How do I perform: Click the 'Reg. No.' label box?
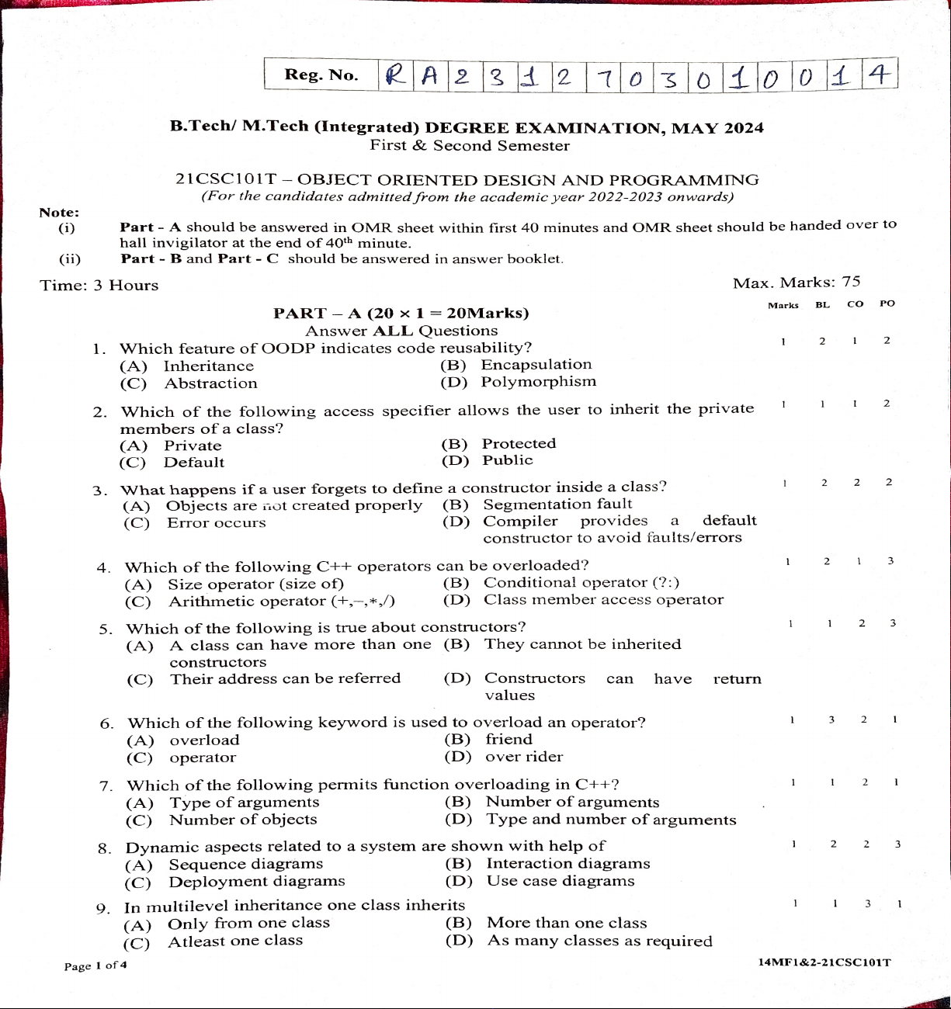tap(321, 75)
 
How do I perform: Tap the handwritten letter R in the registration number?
tap(396, 76)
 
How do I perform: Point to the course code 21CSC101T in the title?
tap(226, 180)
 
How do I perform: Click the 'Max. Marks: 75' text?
tap(797, 283)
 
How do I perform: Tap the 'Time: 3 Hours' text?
tap(99, 286)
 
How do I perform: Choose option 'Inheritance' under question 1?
tap(208, 366)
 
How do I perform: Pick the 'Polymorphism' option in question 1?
tap(539, 382)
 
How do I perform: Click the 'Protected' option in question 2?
tap(519, 444)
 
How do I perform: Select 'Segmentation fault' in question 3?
tap(557, 504)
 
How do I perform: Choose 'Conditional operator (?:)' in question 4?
tap(581, 583)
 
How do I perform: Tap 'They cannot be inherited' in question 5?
tap(582, 644)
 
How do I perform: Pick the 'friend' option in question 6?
tap(508, 740)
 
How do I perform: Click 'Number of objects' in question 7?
tap(243, 820)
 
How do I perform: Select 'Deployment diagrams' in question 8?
tap(257, 882)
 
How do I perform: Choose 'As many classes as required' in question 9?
tap(599, 941)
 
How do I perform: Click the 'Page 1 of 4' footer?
tap(95, 966)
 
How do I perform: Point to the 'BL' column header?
tap(823, 305)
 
